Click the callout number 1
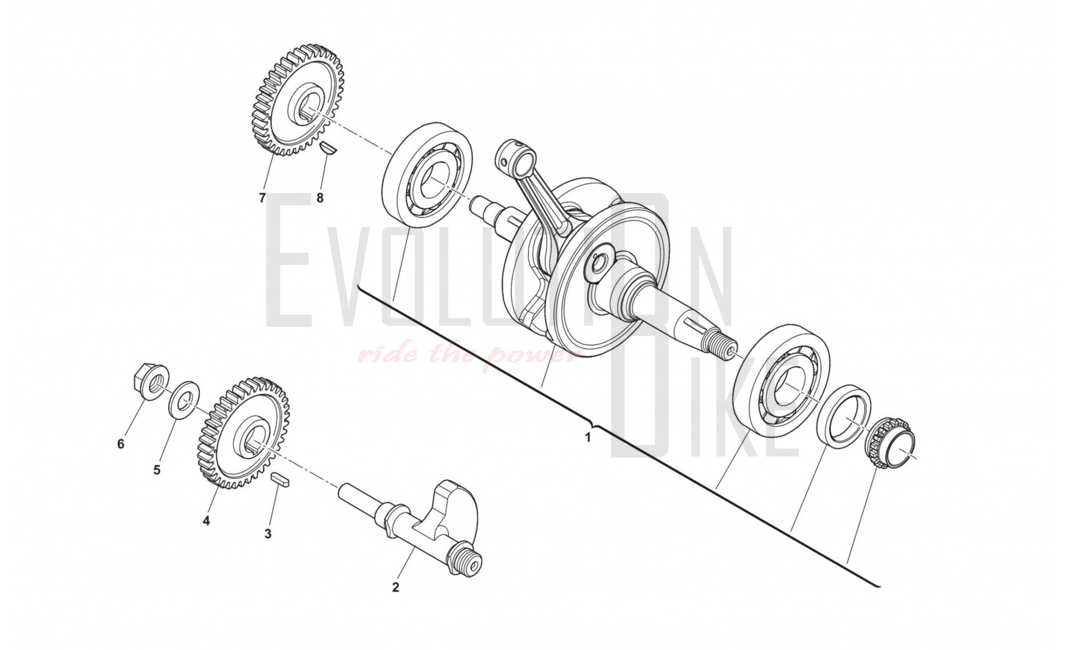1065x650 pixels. [588, 437]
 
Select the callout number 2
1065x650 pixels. [395, 588]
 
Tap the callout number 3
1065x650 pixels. [268, 533]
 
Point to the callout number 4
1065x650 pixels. [206, 521]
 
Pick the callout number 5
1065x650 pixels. [157, 470]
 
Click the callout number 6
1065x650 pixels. [120, 443]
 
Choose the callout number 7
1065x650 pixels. [262, 198]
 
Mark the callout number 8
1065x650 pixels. [319, 198]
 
